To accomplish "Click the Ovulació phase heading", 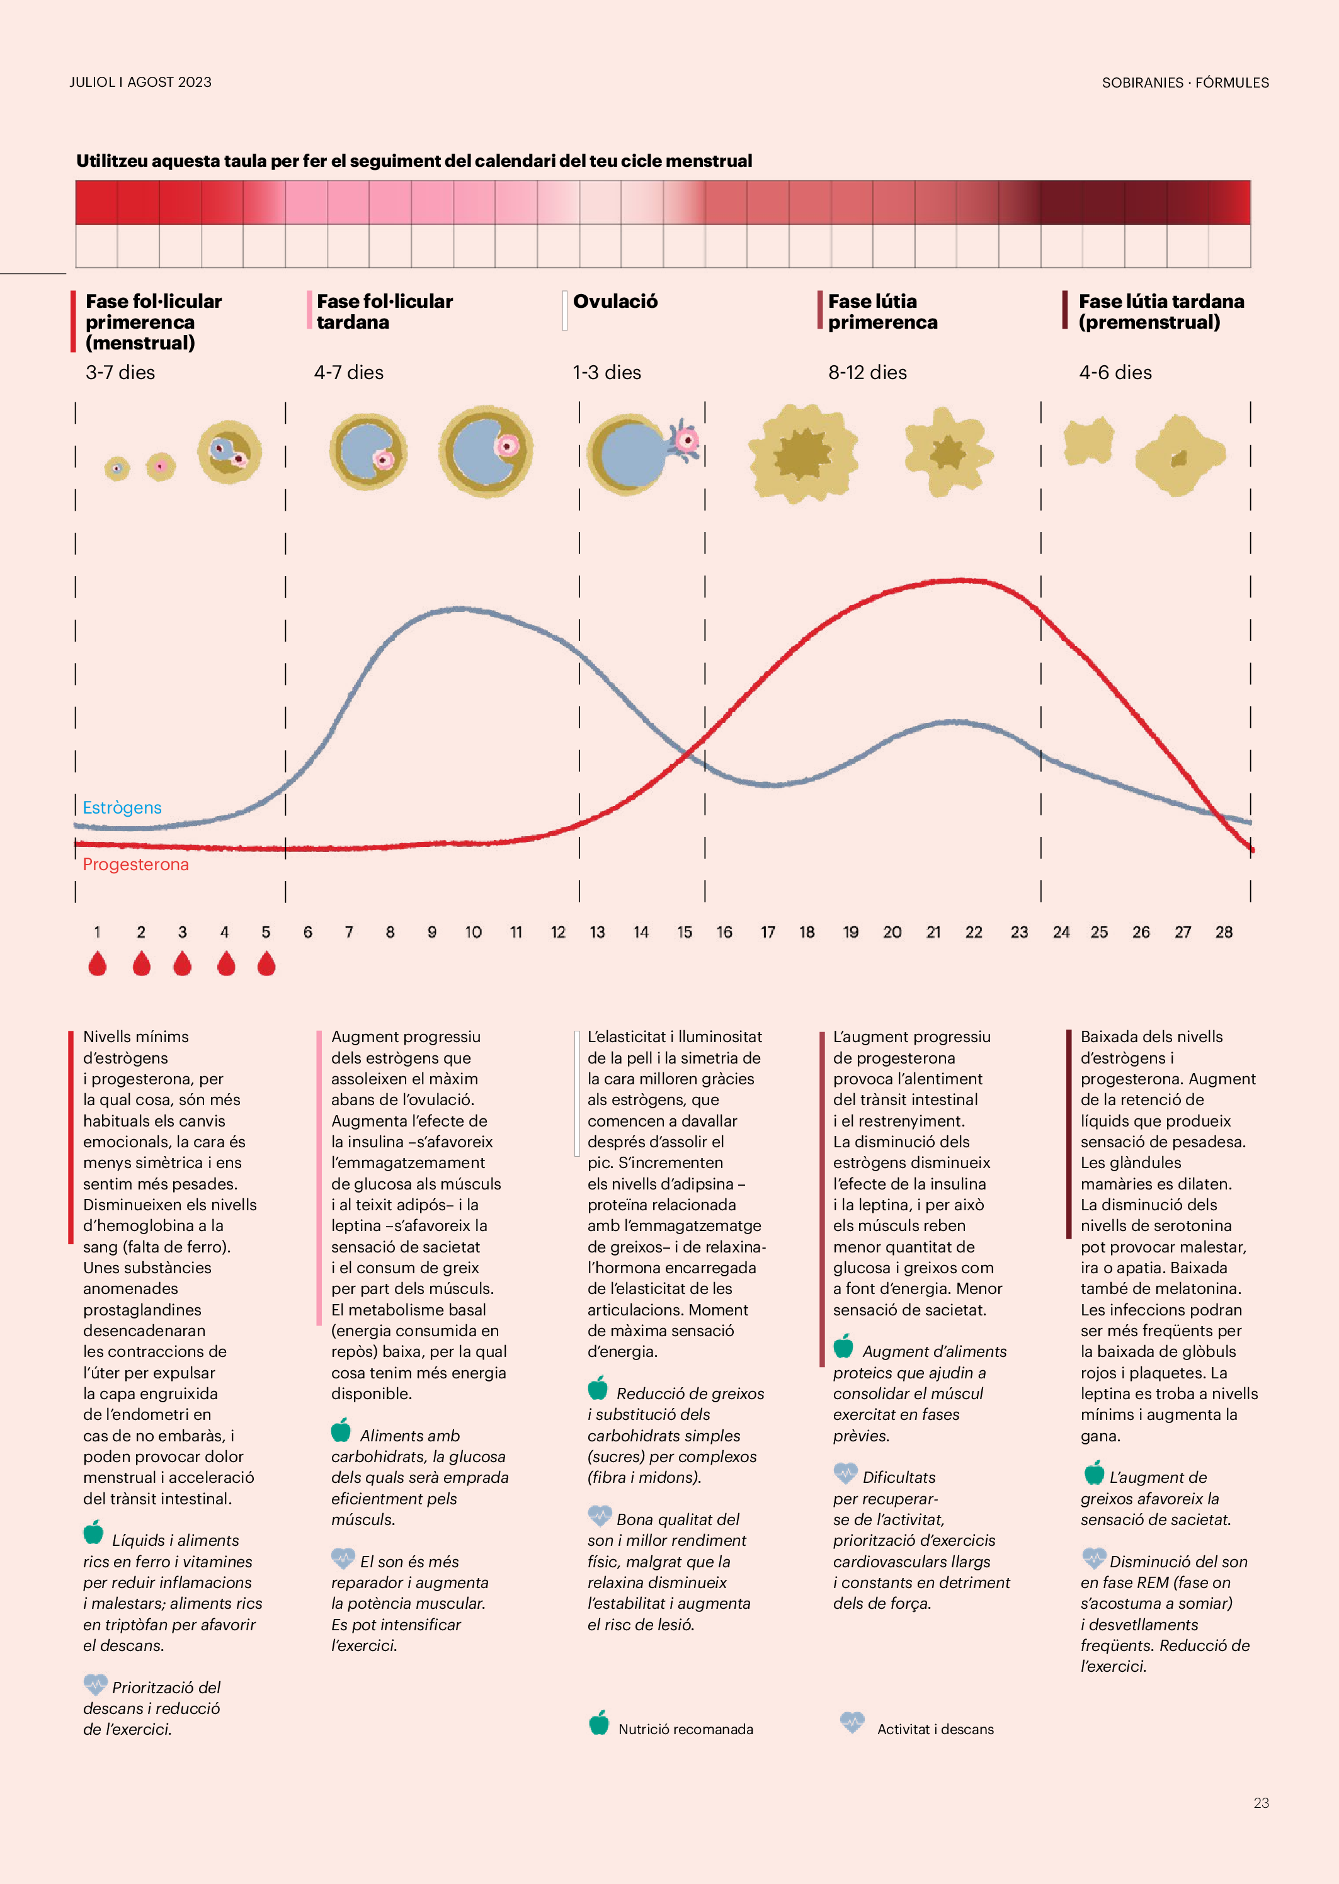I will pos(615,302).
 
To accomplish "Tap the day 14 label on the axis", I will pos(641,932).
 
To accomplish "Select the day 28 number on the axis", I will pos(1224,932).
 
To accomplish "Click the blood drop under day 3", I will pos(182,963).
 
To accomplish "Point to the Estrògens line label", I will pos(122,808).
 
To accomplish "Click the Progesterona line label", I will pos(135,865).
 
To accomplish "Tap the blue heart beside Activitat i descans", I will pos(852,1722).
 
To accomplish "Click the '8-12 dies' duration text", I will pos(867,373).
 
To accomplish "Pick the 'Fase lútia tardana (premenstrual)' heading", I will pos(1161,312).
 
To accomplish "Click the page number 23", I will pos(1261,1803).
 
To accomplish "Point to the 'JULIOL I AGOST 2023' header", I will pos(140,82).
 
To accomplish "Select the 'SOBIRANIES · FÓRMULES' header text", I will pos(1185,82).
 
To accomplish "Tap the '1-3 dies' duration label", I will pos(607,373).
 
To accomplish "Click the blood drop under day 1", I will pos(97,963).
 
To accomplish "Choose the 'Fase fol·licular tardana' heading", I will pos(384,312).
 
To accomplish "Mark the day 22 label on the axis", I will pos(974,932).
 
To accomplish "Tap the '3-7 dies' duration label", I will pos(120,373).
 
